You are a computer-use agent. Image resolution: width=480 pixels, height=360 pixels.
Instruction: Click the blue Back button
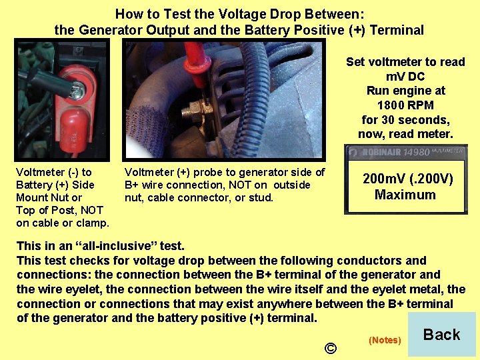pos(441,335)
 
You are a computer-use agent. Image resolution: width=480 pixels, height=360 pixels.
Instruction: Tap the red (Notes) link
pos(385,340)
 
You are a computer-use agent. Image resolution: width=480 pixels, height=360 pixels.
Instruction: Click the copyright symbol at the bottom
pos(330,348)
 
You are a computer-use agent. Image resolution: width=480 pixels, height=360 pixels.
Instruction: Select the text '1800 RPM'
pos(405,105)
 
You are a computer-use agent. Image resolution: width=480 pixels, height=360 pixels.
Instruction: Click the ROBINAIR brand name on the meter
pos(377,153)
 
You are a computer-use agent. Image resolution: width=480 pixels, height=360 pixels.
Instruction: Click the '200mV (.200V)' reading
pos(407,179)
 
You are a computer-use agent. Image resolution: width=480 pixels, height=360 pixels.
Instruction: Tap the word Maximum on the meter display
pos(405,195)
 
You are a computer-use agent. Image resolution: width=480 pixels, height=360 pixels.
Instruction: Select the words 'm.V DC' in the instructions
pos(405,77)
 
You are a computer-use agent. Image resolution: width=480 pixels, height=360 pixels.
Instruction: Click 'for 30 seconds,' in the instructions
pos(405,120)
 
